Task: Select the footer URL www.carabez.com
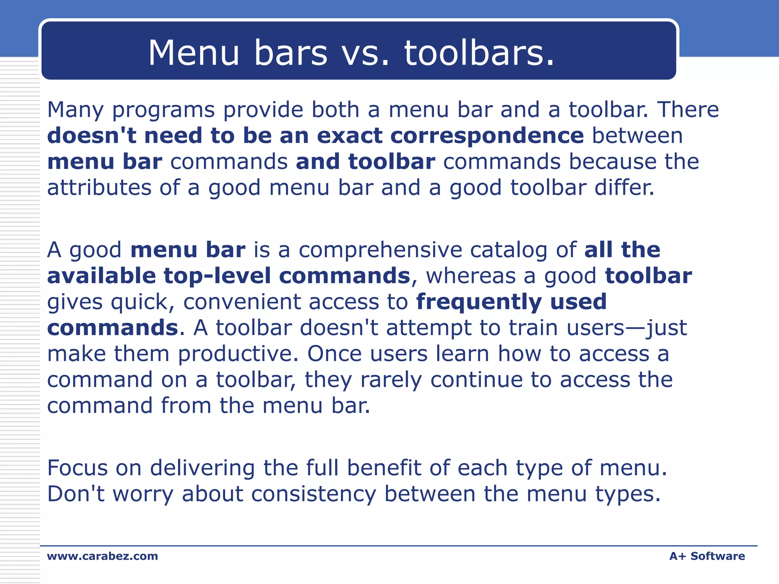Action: [x=102, y=556]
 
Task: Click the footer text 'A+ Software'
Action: [x=707, y=556]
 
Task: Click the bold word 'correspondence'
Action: [x=487, y=136]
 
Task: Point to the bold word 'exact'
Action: [x=350, y=136]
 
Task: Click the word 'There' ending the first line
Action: [x=688, y=109]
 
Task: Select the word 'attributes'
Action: [x=99, y=188]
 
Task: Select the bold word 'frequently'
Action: [x=479, y=302]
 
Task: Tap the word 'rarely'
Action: [x=391, y=380]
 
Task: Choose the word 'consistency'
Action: [x=313, y=494]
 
